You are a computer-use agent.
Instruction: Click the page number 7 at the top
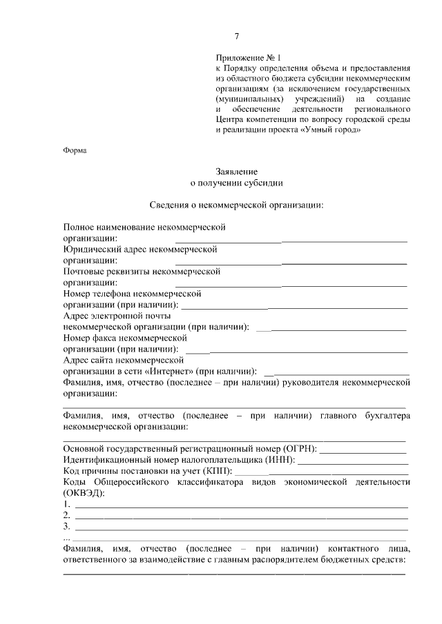[236, 37]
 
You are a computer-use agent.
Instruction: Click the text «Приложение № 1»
[250, 59]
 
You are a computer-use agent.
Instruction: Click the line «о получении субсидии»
[236, 183]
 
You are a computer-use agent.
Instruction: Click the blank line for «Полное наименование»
[290, 241]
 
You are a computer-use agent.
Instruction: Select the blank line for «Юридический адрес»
[290, 263]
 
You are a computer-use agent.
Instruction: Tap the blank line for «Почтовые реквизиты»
[290, 284]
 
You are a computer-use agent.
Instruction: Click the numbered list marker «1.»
[66, 504]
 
